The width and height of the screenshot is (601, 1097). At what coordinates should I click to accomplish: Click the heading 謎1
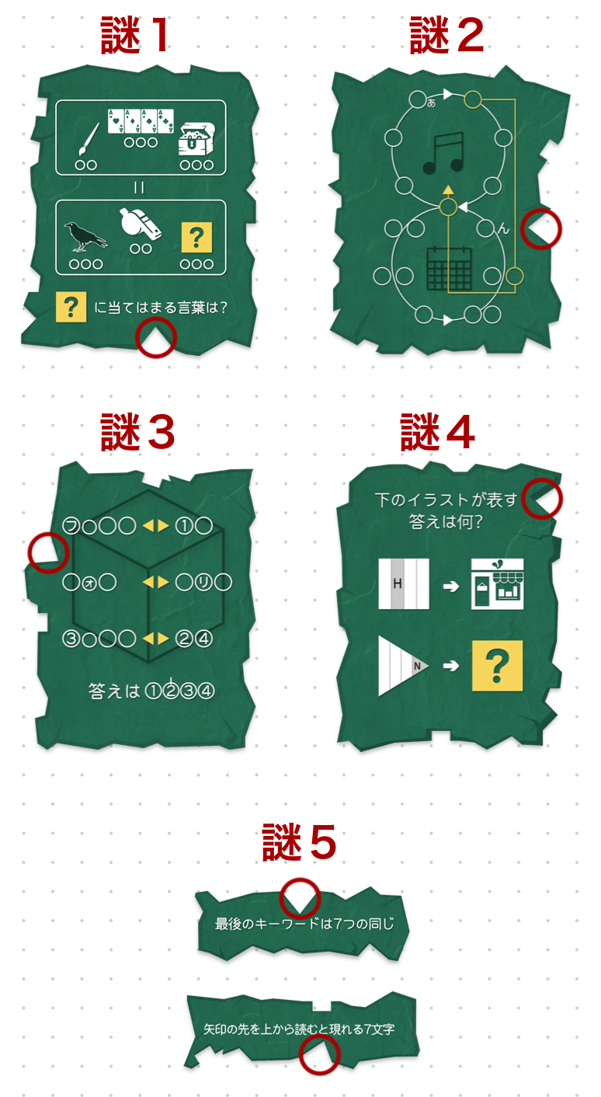tap(136, 37)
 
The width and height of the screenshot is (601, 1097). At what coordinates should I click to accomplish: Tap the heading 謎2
tap(446, 37)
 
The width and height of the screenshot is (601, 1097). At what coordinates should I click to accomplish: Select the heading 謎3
tap(137, 432)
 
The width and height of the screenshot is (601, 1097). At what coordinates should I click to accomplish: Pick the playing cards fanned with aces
tap(141, 120)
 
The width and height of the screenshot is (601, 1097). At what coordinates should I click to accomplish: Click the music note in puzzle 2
tap(443, 152)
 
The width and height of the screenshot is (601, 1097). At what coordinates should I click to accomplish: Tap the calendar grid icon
tap(450, 270)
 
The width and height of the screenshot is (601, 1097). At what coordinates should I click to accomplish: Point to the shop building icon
tap(497, 584)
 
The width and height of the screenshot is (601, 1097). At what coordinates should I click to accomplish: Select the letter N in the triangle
tap(417, 666)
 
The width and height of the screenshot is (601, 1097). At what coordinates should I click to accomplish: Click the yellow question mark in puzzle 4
tap(497, 666)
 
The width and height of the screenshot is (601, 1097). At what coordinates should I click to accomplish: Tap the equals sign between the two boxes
tap(141, 187)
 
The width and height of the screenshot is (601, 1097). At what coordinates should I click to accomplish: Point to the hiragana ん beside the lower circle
tap(502, 228)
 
